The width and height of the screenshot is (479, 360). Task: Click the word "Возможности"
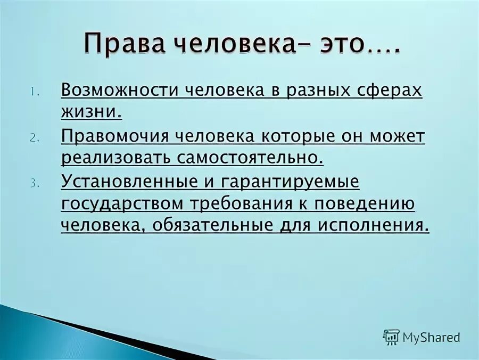[x=119, y=90]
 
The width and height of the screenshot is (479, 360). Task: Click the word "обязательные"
[x=213, y=226]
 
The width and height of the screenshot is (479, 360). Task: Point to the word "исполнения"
[x=373, y=226]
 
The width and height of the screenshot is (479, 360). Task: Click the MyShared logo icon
[x=391, y=337]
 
